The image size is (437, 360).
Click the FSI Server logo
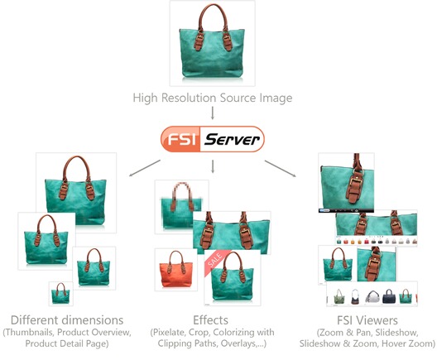(x=213, y=139)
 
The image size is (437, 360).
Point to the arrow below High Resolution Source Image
(x=213, y=113)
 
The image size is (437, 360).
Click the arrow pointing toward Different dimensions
(x=145, y=168)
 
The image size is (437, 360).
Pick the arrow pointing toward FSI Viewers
(x=280, y=168)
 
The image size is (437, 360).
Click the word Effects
(x=210, y=320)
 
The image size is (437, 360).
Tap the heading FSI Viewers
(x=367, y=320)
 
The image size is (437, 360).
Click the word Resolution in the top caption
(x=189, y=98)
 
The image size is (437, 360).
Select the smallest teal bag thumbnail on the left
(x=61, y=294)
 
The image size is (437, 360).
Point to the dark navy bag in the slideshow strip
(x=389, y=296)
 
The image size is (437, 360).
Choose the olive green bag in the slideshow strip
(x=339, y=296)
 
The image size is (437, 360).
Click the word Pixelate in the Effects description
(x=169, y=333)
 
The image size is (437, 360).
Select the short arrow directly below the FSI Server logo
(x=213, y=166)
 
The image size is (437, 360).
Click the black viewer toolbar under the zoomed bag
(x=346, y=211)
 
